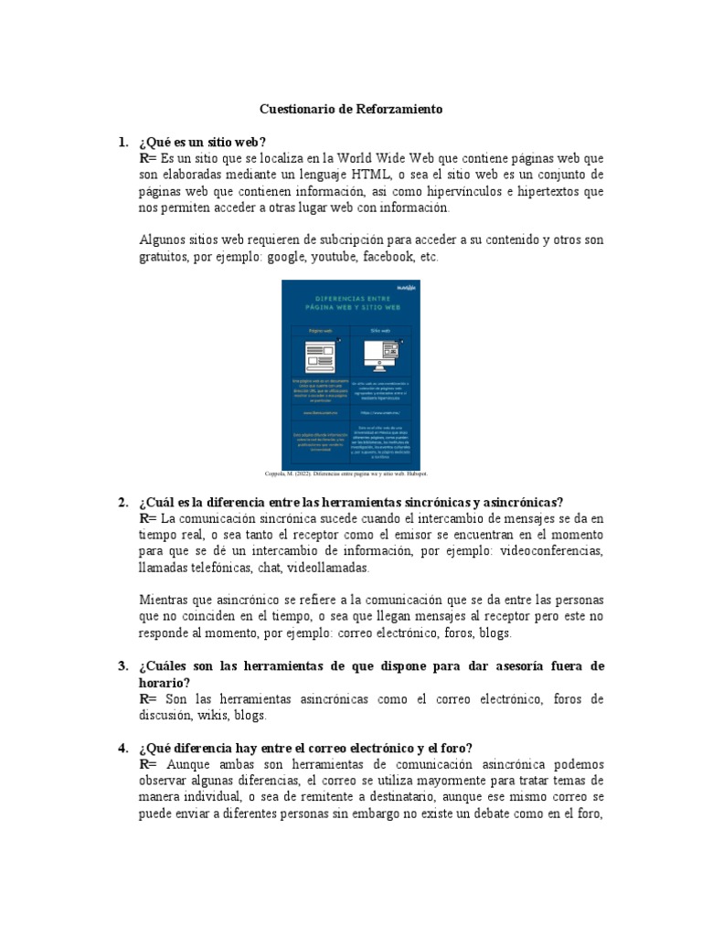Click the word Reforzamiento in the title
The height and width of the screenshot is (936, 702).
click(x=399, y=109)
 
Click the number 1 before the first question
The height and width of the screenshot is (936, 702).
click(x=122, y=142)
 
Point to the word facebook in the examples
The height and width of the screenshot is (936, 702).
click(x=388, y=257)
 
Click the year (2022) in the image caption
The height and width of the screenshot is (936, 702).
click(x=309, y=474)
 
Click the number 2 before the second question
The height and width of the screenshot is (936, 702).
click(x=122, y=502)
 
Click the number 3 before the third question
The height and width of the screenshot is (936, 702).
click(x=122, y=666)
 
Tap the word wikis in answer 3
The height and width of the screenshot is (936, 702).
click(x=211, y=716)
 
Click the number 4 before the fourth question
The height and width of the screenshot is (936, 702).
click(x=122, y=749)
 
